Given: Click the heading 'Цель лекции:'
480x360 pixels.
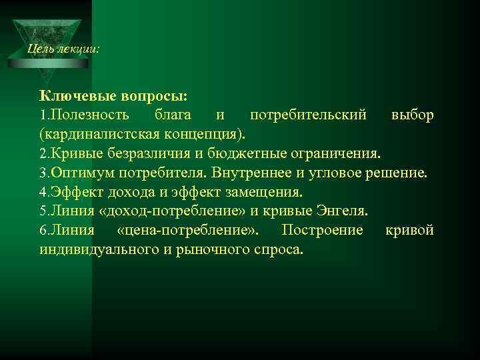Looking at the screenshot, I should pos(64,49).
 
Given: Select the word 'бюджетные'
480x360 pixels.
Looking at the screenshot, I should pos(238,154).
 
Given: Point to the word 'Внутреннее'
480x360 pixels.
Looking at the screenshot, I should pos(252,173).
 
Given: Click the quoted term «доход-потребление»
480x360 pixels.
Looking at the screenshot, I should pos(167,212).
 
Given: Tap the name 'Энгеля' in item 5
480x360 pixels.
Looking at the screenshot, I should pos(342,212).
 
